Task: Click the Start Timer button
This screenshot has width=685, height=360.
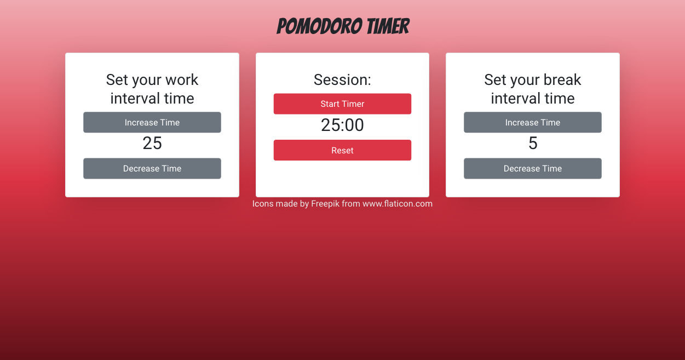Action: pos(342,104)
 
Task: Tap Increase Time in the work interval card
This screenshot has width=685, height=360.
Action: pos(152,122)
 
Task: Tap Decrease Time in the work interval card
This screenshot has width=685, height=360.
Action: pos(152,168)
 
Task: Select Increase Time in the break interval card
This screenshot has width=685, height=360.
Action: pos(533,122)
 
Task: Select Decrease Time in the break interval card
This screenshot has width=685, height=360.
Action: pos(533,168)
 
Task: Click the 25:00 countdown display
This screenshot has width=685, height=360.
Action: pos(342,125)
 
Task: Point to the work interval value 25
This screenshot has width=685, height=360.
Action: pos(152,143)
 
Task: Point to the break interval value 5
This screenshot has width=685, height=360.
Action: pos(533,143)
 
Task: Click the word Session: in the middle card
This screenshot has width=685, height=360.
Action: pos(342,80)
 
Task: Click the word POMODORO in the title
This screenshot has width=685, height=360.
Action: pos(320,26)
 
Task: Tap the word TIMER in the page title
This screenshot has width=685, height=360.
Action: pos(388,26)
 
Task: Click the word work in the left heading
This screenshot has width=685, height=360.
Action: pos(182,80)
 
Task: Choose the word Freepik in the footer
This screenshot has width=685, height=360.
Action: pos(325,204)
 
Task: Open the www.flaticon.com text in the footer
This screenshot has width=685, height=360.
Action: pos(398,204)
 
